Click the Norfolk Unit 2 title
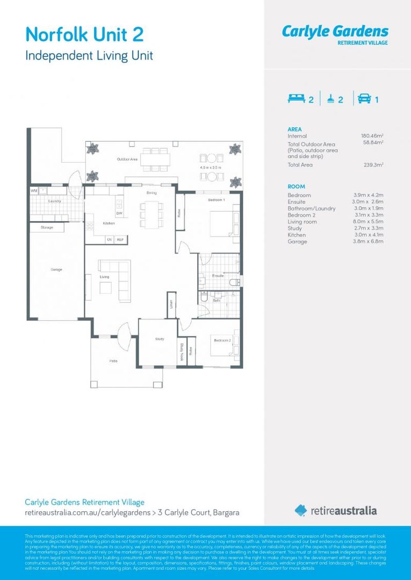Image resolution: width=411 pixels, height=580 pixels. (84, 35)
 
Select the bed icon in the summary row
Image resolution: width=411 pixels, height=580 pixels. (296, 98)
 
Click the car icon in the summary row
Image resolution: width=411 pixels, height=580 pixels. (364, 98)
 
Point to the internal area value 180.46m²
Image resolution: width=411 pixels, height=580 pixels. (372, 136)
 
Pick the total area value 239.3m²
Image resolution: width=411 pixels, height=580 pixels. (373, 165)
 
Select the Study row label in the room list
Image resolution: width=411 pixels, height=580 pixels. (294, 228)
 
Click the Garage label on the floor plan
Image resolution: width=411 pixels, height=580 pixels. (56, 269)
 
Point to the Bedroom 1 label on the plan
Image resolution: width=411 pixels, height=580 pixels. (217, 200)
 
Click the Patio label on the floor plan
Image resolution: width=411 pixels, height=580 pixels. (113, 361)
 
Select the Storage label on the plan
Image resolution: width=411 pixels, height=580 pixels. (47, 228)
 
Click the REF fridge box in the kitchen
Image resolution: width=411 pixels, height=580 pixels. (120, 240)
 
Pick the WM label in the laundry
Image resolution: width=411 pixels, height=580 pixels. (34, 191)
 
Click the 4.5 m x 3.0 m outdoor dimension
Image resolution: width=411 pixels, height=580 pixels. (211, 168)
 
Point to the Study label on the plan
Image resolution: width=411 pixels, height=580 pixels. (160, 339)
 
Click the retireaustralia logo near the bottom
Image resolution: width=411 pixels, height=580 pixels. (336, 510)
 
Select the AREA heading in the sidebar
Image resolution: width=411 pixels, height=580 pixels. (294, 129)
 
